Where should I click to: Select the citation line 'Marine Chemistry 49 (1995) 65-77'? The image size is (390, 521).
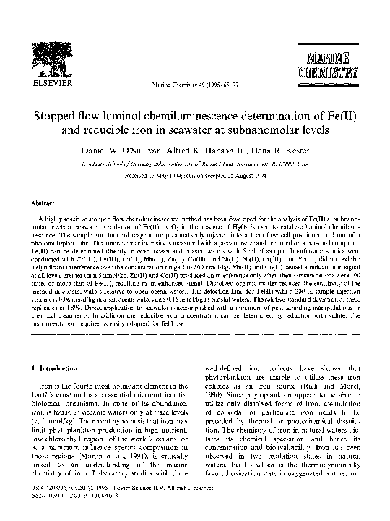pos(195,85)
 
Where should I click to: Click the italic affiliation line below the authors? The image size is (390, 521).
pos(195,164)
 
